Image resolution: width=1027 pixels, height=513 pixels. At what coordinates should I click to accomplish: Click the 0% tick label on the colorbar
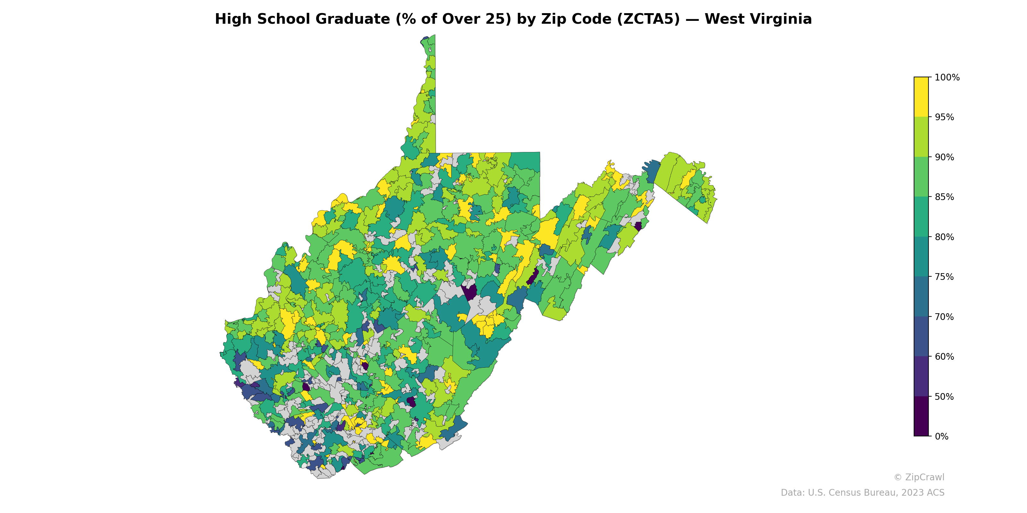tap(941, 436)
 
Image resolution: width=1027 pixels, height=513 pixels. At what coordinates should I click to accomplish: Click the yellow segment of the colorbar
tap(921, 97)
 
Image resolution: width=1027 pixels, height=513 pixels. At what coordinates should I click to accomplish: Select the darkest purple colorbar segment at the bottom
tap(921, 416)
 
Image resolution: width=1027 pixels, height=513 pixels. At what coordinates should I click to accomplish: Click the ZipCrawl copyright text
tap(919, 477)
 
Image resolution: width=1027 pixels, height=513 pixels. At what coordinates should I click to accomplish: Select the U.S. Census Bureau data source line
tap(862, 493)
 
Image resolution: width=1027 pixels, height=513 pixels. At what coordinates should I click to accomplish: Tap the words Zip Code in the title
tap(576, 19)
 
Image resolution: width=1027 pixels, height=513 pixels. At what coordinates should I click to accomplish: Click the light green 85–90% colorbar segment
tap(921, 177)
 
